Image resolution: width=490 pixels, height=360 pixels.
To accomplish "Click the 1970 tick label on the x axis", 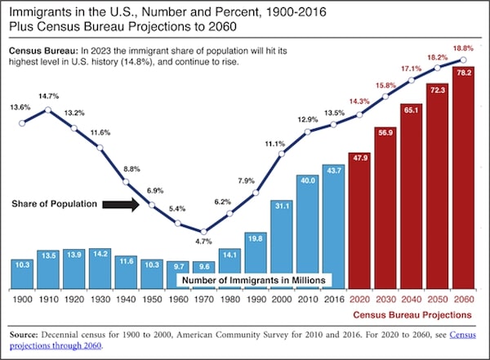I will coord(203,300).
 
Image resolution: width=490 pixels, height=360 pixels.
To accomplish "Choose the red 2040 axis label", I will coord(412,300).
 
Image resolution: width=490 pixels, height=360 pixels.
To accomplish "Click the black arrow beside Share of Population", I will coord(129,205).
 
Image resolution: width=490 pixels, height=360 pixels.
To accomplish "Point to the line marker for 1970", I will coord(203,232).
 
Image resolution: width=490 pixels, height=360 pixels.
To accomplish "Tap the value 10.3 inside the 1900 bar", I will coord(22,264).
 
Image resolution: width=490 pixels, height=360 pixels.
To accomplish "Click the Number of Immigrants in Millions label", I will coord(254,280).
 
